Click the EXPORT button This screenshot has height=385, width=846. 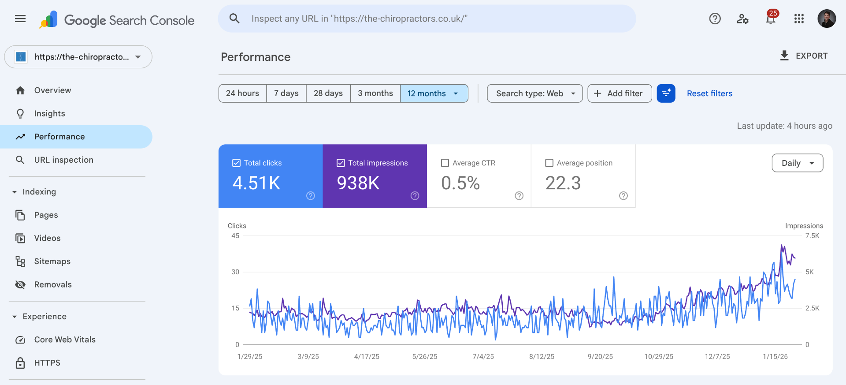pos(804,56)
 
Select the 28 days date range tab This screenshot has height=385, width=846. pos(328,93)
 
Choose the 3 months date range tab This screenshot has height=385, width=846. pos(375,93)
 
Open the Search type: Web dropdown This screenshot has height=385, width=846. pos(534,93)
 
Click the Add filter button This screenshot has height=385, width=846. pos(619,93)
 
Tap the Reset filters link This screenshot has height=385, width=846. pos(709,93)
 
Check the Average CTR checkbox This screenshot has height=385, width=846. pos(445,163)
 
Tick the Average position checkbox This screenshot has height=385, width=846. pos(549,163)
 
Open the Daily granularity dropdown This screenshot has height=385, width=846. pos(797,163)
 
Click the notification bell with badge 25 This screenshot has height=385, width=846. pos(771,19)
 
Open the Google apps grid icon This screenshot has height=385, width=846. pos(799,19)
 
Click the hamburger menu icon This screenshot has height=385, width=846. pos(20,19)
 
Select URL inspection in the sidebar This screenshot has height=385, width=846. pos(63,160)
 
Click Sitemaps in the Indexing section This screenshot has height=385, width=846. pos(52,262)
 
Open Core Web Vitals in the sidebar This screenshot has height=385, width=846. pos(65,340)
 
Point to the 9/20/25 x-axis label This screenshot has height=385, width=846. pos(600,356)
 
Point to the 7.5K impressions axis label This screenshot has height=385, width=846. pos(812,236)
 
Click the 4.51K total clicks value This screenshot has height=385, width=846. pos(256,183)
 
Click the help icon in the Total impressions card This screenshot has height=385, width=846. pos(415,196)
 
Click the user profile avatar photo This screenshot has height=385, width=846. pos(827,19)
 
